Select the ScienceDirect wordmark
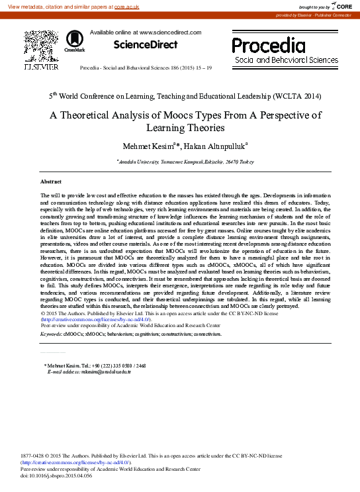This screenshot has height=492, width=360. click(146, 45)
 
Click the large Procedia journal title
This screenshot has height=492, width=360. click(273, 45)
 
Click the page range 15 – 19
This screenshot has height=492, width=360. click(201, 68)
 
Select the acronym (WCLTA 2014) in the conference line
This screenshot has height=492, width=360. click(292, 96)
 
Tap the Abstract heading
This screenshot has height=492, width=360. click(51, 181)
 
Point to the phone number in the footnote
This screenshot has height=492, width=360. click(113, 366)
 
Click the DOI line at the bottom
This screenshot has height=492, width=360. click(57, 475)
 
